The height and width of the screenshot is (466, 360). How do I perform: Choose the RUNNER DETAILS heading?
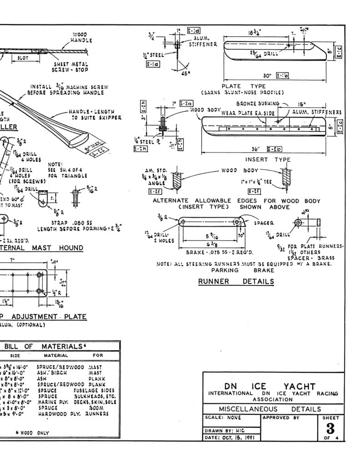click(x=236, y=282)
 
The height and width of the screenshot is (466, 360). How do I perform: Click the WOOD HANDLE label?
click(x=81, y=37)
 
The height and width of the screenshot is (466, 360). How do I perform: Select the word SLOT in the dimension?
click(x=22, y=58)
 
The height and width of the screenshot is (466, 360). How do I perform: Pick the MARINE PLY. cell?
click(x=54, y=402)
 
